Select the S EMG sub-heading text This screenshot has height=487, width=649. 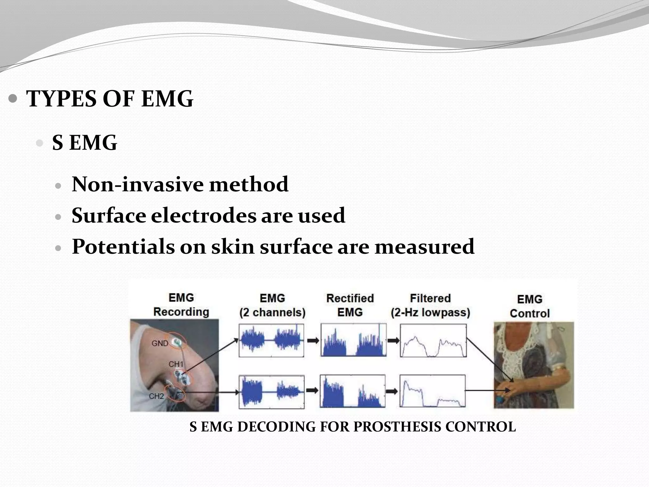[85, 143]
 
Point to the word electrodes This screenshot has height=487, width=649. [203, 216]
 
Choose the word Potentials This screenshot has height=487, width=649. [123, 247]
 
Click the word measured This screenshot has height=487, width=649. [424, 247]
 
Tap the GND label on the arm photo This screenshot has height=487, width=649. [160, 343]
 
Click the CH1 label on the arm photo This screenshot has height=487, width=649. [176, 364]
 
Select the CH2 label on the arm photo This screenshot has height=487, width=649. [156, 396]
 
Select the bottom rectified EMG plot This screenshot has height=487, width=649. [353, 391]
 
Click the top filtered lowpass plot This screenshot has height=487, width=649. [433, 341]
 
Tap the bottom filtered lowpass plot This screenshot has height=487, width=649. [433, 391]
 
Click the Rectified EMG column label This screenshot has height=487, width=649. [350, 305]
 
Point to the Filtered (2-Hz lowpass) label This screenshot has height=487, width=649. [430, 305]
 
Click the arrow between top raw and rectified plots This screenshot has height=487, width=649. [313, 341]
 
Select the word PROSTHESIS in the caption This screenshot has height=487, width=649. [397, 427]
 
